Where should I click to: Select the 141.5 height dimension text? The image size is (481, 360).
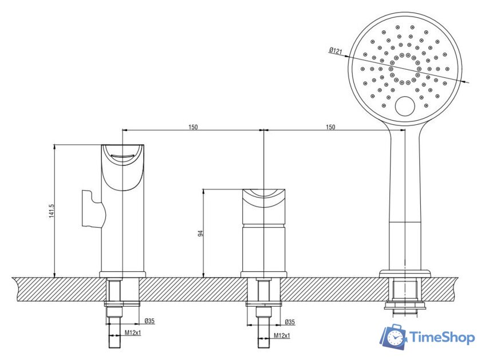coord(51,211)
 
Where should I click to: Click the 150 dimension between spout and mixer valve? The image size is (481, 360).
coord(193,127)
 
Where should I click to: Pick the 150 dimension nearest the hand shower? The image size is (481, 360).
coord(330,127)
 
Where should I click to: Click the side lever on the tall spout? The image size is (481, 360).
coord(92,209)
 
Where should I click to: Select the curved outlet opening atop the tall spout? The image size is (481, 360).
coord(123,155)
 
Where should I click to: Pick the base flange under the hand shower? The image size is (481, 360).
coord(405,273)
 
